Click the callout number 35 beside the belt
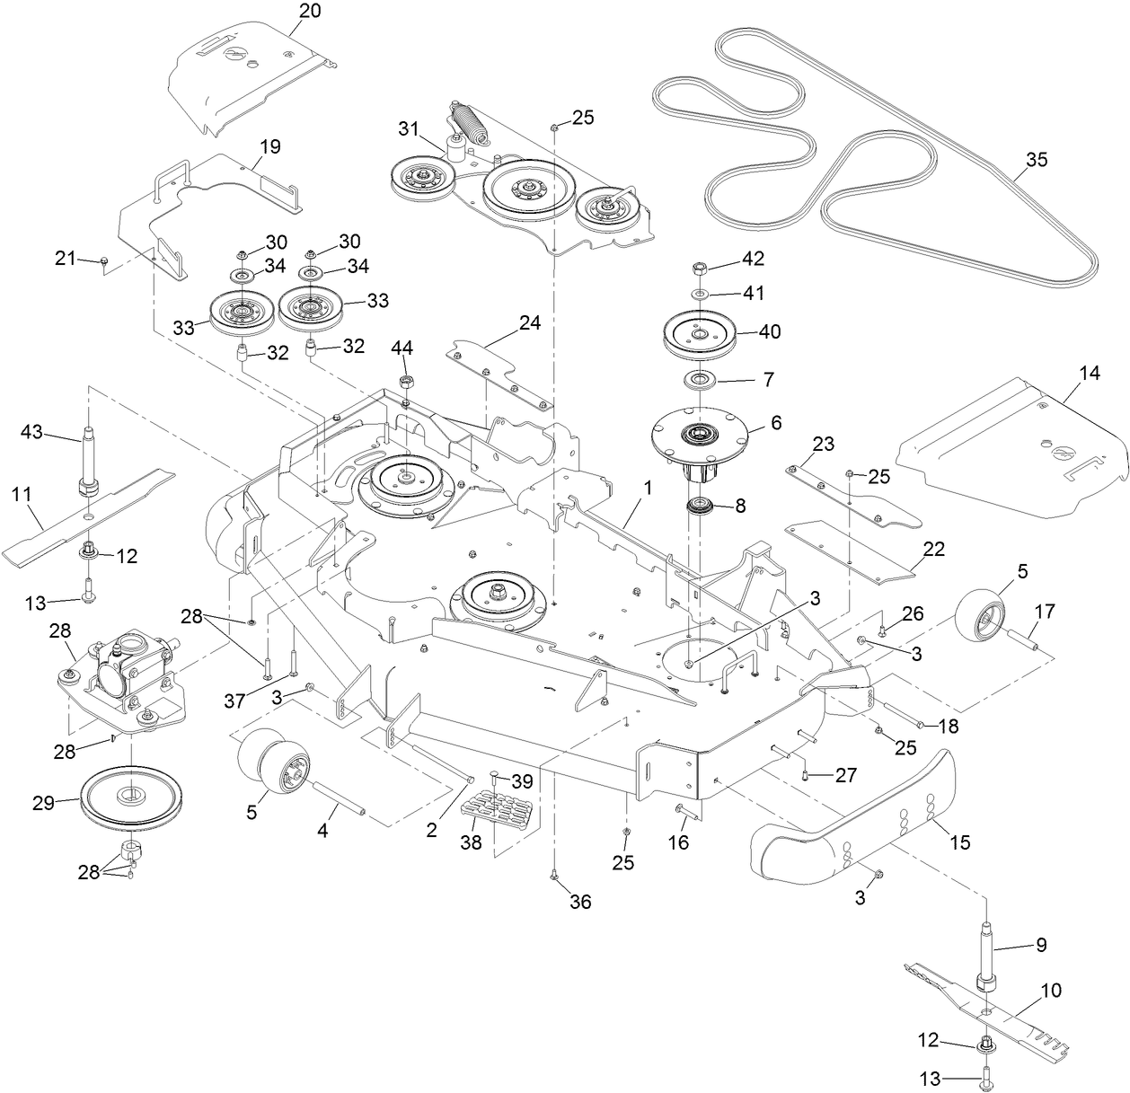click(1037, 160)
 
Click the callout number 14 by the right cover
click(1090, 374)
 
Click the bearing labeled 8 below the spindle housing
click(701, 506)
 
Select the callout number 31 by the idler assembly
click(409, 129)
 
